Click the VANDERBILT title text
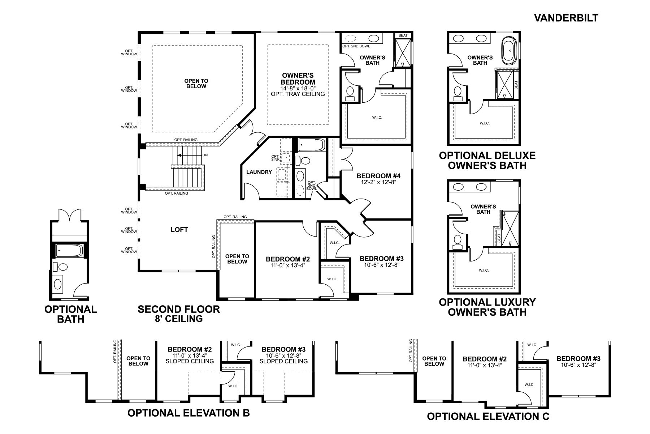[566, 18]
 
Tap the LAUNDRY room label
[259, 172]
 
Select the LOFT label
[179, 230]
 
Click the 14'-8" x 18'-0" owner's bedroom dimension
[298, 88]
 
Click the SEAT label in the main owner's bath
[403, 35]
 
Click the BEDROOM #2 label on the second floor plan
[288, 259]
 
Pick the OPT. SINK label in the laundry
[275, 158]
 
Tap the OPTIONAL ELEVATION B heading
[188, 413]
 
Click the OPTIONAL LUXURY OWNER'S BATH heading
[487, 307]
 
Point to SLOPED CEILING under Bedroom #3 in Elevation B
[283, 361]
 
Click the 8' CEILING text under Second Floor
[179, 319]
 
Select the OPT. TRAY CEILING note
[298, 94]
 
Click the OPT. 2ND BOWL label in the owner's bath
[356, 46]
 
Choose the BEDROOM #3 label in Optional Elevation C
[578, 359]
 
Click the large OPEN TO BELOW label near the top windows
[196, 84]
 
